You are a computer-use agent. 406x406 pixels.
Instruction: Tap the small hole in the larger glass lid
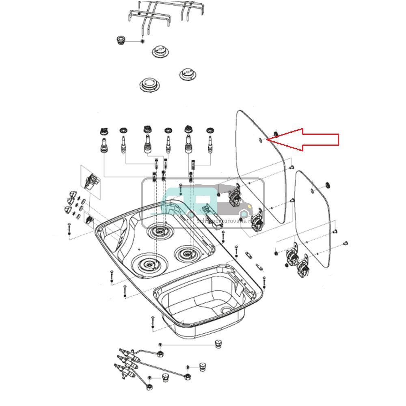pos(260,140)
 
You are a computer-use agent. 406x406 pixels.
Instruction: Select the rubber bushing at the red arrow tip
pos(275,134)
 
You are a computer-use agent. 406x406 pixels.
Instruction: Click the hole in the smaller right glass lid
pos(312,191)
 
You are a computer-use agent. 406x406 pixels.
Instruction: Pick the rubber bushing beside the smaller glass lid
pos(328,186)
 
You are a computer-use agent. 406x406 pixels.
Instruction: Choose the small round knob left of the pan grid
pos(121,40)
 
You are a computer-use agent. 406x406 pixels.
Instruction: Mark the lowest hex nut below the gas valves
pos(149,386)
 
